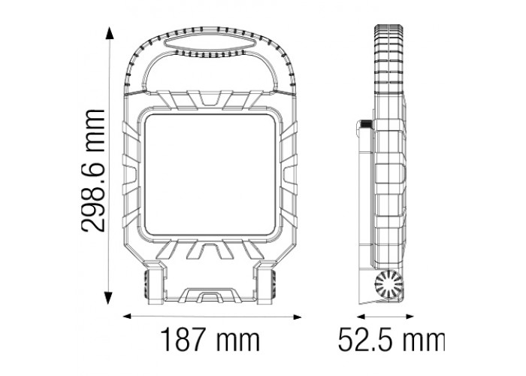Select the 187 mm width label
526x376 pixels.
[208, 341]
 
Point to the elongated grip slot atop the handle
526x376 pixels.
[208, 50]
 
